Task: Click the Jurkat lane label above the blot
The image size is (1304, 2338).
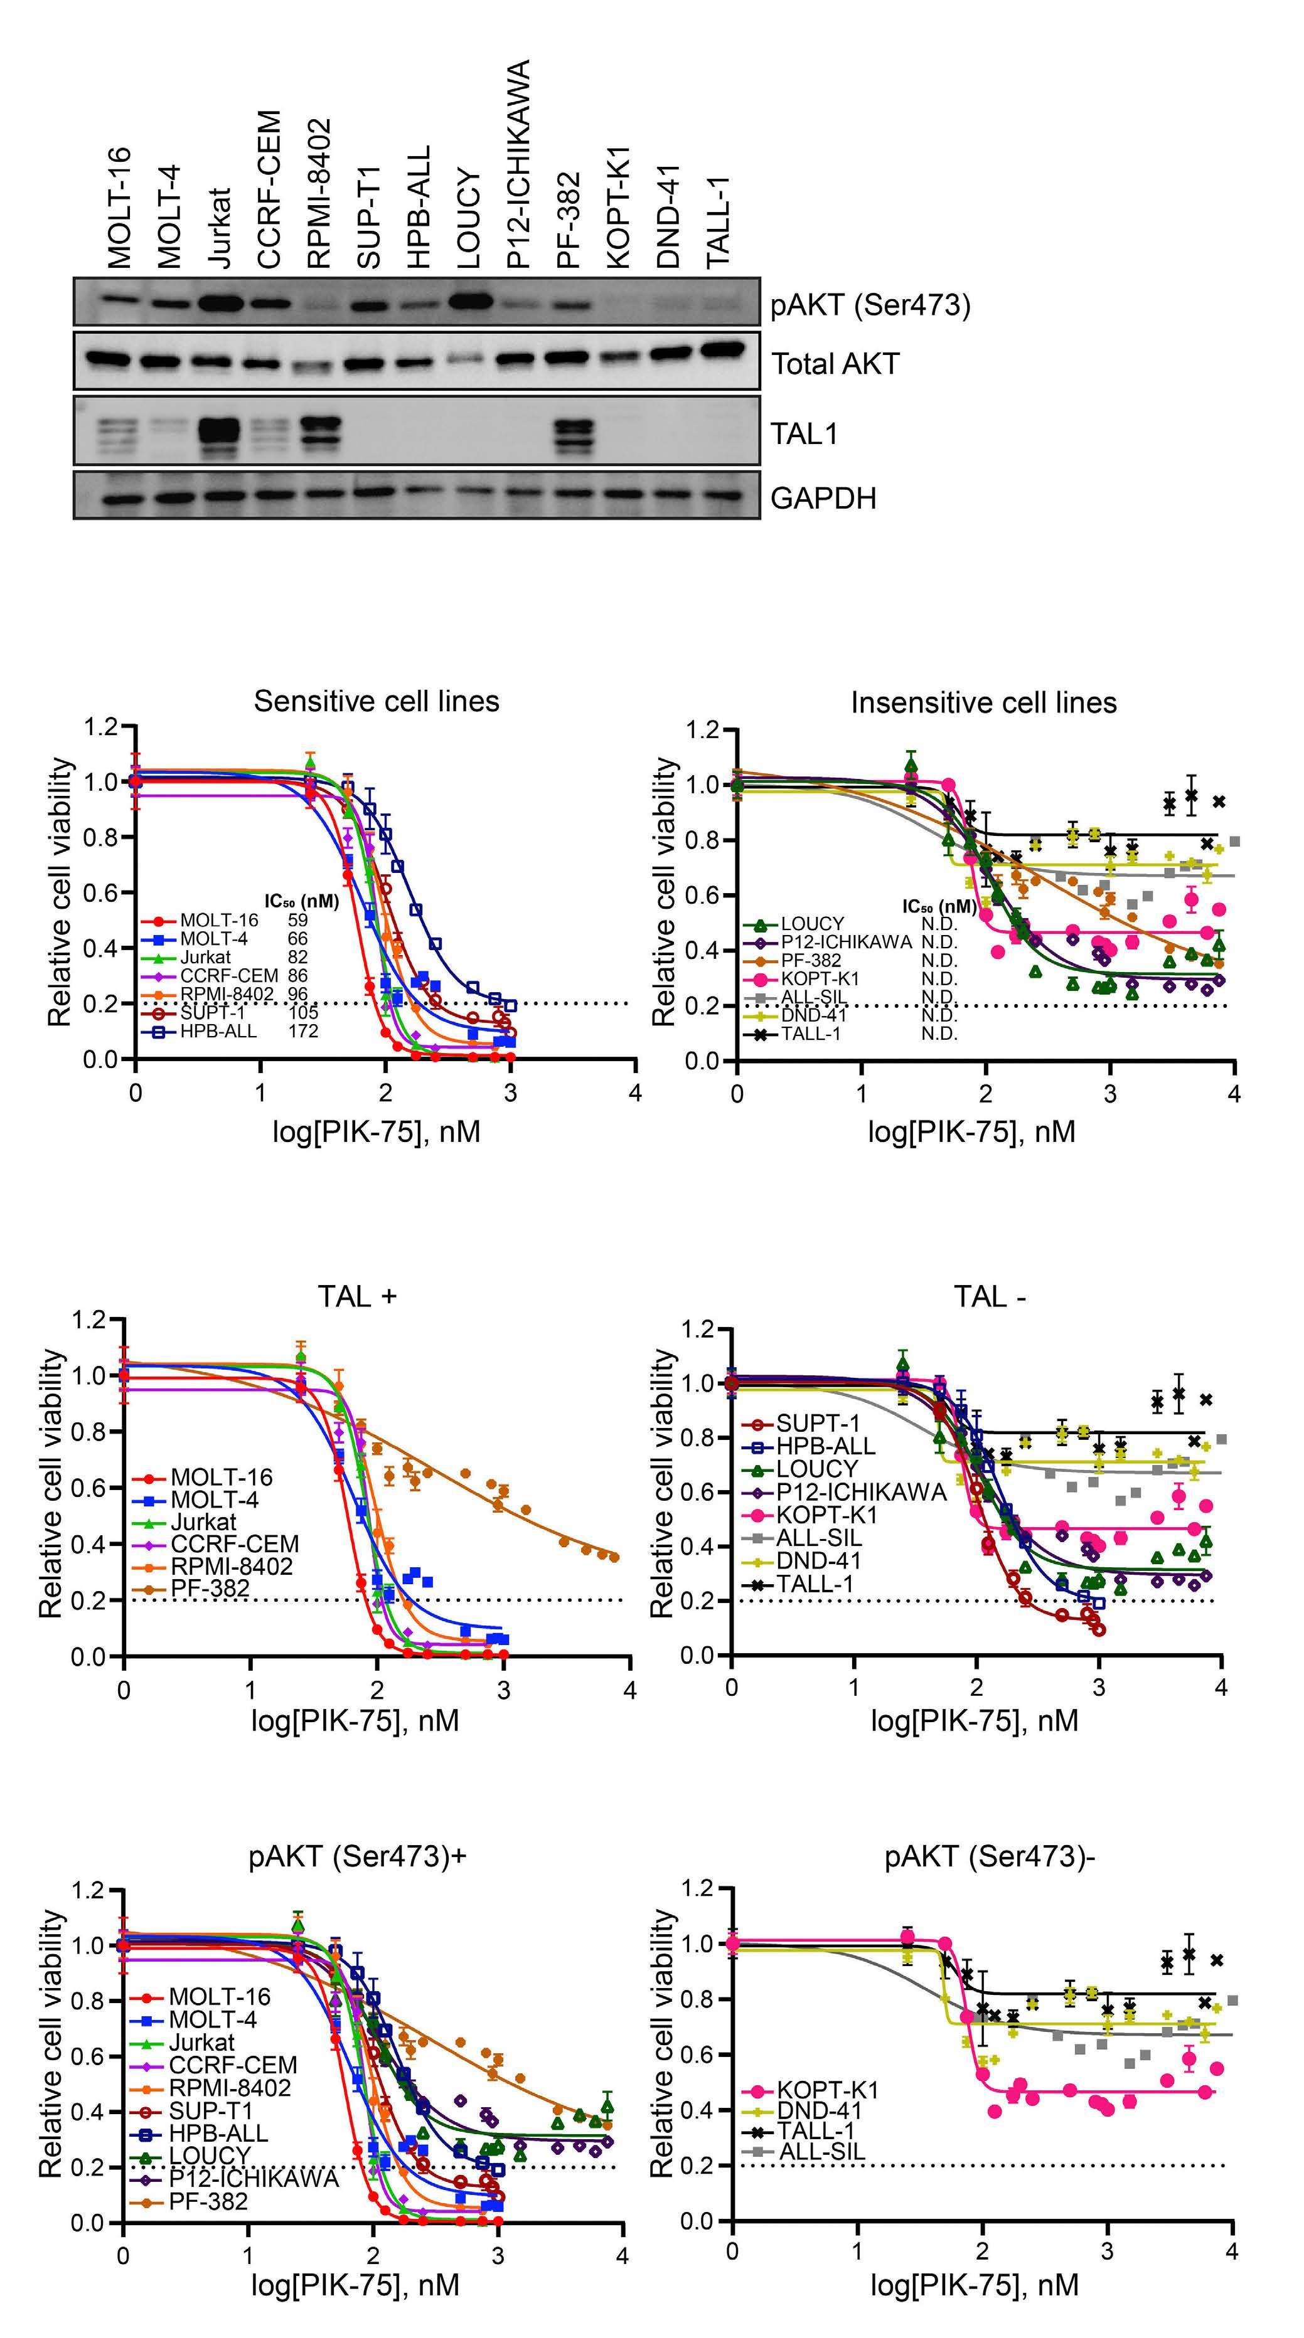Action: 220,228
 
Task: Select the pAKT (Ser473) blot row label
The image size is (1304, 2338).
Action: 870,306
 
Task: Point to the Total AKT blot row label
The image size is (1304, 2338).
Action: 835,364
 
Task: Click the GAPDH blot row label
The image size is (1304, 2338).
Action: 823,499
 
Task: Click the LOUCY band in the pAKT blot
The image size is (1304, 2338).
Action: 469,300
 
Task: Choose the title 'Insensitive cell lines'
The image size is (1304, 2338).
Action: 983,702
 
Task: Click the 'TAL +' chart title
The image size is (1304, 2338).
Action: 357,1296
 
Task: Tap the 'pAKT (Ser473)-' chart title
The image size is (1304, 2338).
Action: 990,1857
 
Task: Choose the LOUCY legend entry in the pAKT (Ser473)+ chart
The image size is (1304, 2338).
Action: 209,2156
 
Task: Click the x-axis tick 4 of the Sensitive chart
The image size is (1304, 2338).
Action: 635,1092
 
